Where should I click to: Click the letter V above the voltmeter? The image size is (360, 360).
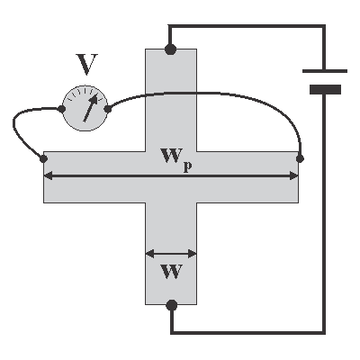click(x=86, y=64)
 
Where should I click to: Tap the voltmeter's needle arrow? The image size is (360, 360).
click(x=90, y=108)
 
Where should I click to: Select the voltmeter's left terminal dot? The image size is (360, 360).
click(x=61, y=109)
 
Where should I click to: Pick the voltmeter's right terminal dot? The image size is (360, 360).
click(x=108, y=109)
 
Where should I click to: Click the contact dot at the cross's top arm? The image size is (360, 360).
click(x=170, y=49)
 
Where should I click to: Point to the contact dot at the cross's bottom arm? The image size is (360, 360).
click(x=172, y=305)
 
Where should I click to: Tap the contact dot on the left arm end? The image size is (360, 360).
click(x=43, y=159)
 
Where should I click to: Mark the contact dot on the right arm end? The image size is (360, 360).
click(x=300, y=158)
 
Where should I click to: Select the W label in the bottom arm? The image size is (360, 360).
click(x=172, y=271)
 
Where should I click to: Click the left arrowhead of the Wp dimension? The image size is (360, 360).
click(x=48, y=175)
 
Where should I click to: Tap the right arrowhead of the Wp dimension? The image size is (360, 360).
click(x=293, y=175)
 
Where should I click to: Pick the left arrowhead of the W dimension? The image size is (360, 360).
click(x=150, y=254)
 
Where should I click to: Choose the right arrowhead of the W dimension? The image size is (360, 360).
click(x=193, y=254)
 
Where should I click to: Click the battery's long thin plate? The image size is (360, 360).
click(x=325, y=71)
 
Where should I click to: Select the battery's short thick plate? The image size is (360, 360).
click(x=325, y=89)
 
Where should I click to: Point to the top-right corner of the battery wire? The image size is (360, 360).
click(x=324, y=26)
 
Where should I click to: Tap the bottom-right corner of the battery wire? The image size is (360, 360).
click(x=324, y=332)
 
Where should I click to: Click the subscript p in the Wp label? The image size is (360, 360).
click(x=187, y=167)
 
